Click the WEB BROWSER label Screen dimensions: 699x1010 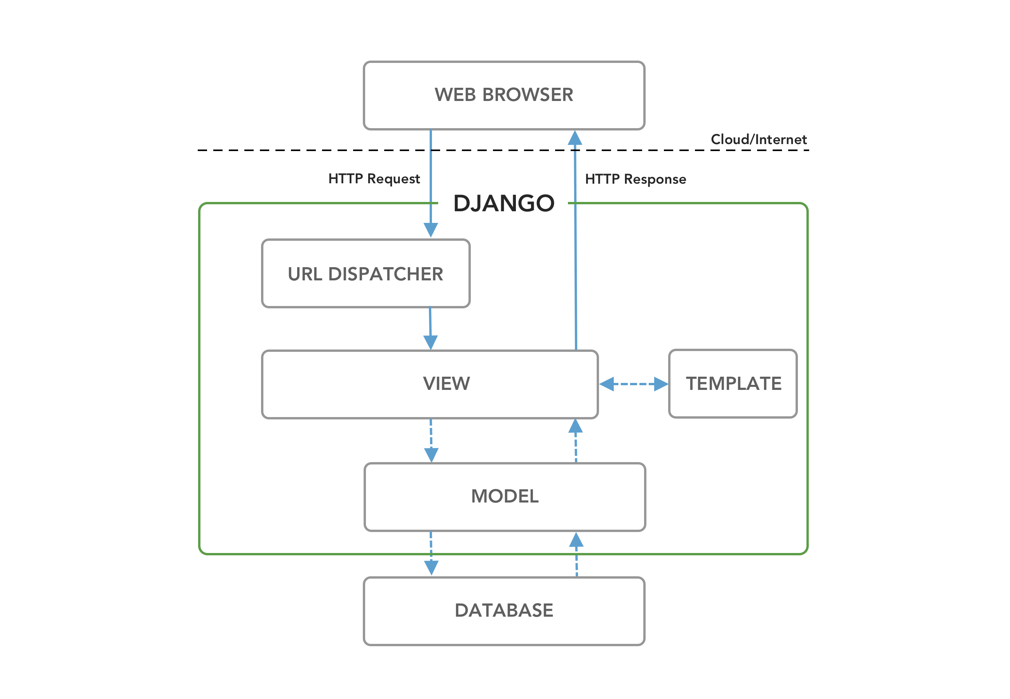tap(504, 95)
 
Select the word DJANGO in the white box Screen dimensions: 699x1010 tap(504, 203)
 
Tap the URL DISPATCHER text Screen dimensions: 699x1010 tap(366, 274)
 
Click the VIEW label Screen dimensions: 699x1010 tap(446, 383)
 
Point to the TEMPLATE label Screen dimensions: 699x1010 tap(733, 383)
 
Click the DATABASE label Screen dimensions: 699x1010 tap(504, 610)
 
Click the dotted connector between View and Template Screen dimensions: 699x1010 tap(633, 386)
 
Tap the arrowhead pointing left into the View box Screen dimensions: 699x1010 tap(605, 384)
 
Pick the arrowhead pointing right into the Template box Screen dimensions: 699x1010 tap(662, 384)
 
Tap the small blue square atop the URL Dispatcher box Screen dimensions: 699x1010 tap(430, 231)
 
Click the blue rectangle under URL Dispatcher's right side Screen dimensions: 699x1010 tap(449, 321)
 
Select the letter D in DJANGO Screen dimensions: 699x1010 tap(463, 203)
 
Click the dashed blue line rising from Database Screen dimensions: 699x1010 tap(576, 567)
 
